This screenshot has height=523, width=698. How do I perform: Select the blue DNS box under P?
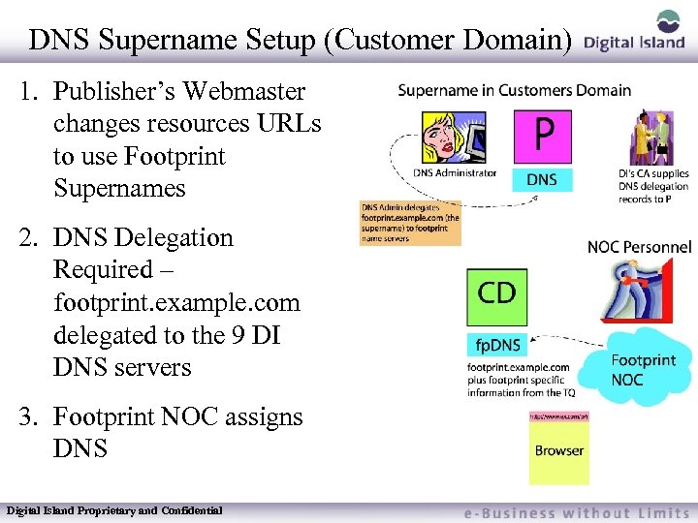point(542,179)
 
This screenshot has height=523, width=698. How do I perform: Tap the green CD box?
point(497,295)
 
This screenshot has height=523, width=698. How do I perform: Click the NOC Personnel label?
point(639,247)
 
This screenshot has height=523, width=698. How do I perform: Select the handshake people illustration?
point(652,140)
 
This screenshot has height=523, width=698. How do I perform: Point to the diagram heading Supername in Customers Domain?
point(514,91)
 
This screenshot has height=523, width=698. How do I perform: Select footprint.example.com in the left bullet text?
point(176,303)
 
